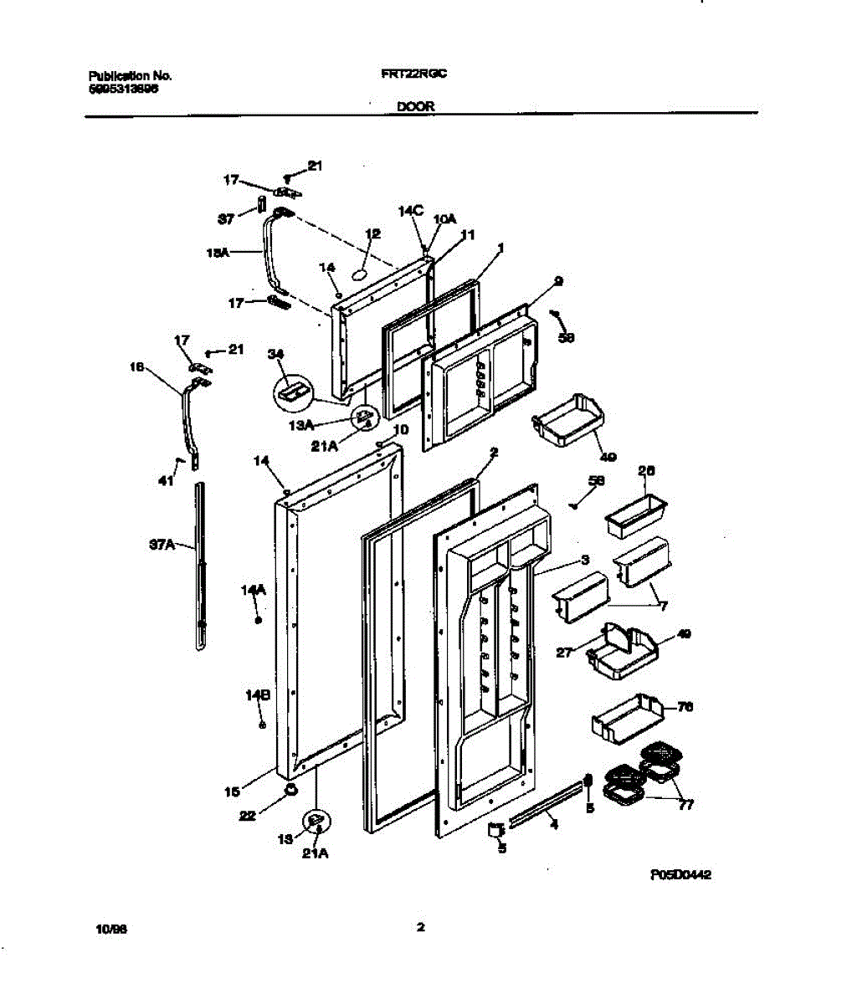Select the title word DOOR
coord(415,107)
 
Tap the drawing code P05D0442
coord(680,875)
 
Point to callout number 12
coord(373,234)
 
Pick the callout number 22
coord(247,817)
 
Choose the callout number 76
coord(685,707)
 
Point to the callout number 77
coord(685,807)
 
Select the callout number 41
coord(167,480)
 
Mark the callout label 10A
coord(445,218)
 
